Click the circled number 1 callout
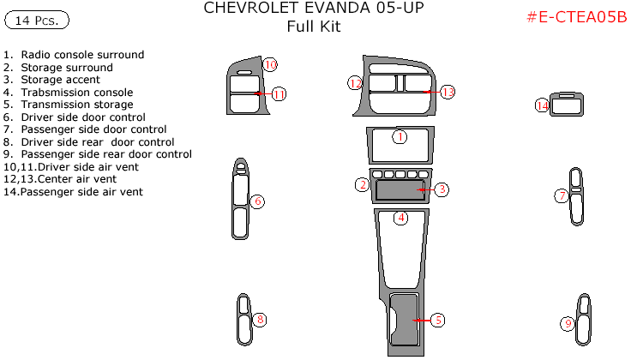click(400, 136)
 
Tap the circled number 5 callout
click(437, 321)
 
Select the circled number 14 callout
click(542, 105)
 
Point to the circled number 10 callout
click(270, 64)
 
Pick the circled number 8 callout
click(260, 321)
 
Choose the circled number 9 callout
click(568, 324)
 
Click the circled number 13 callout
click(448, 92)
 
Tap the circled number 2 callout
click(363, 185)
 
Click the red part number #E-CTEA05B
click(575, 18)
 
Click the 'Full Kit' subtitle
click(313, 27)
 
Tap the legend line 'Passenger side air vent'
click(74, 192)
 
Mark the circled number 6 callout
click(257, 202)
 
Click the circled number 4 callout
click(400, 218)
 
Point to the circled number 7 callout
click(562, 196)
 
